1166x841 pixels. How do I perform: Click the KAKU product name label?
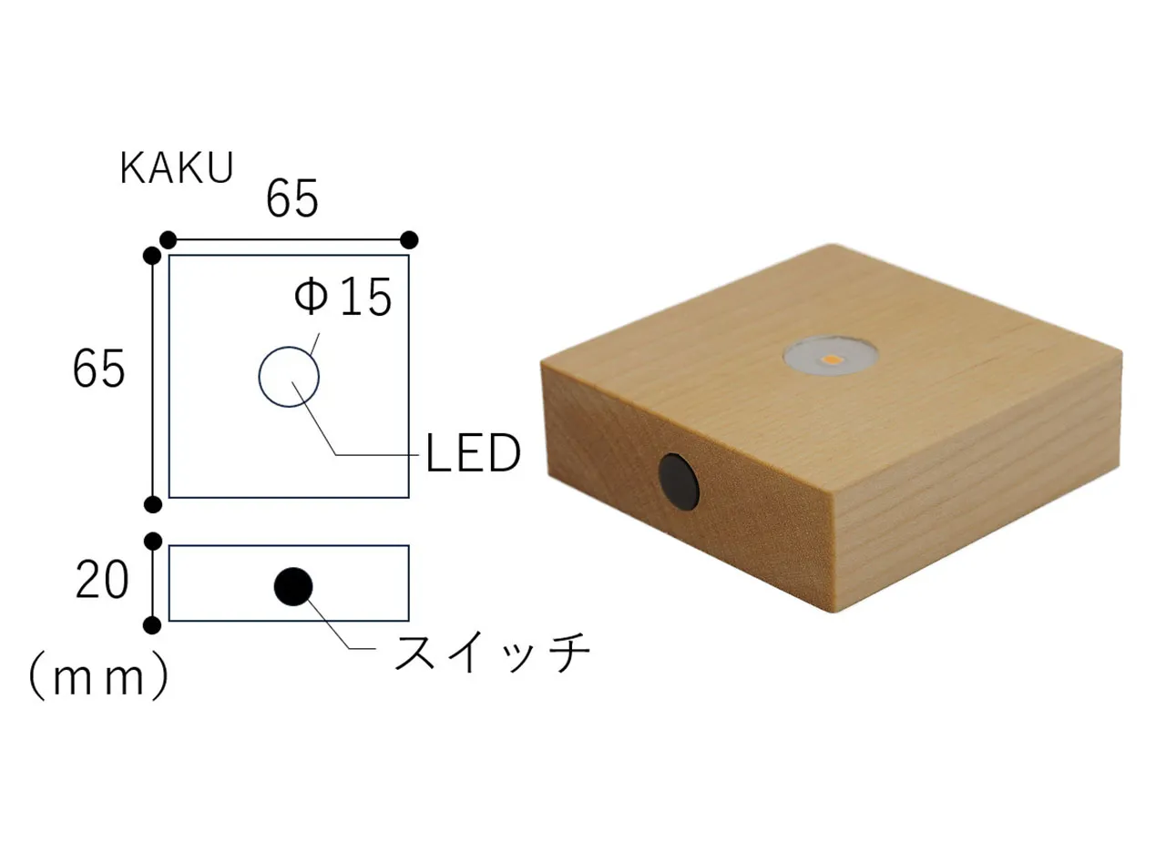click(177, 168)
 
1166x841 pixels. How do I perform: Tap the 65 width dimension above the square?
click(291, 198)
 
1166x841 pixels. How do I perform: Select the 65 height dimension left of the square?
click(99, 369)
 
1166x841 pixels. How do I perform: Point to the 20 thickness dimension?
click(101, 579)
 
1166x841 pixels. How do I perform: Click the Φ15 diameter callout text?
click(343, 297)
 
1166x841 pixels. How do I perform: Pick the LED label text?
click(473, 453)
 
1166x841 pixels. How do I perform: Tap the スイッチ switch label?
click(492, 652)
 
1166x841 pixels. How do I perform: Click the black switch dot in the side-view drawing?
click(293, 587)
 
